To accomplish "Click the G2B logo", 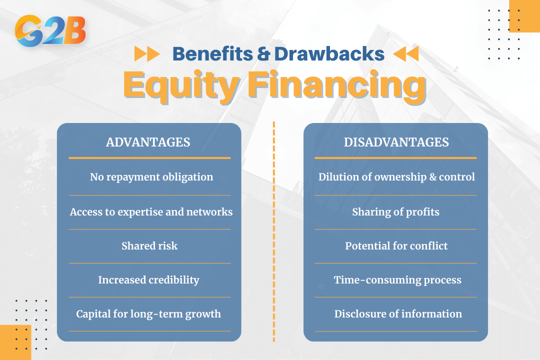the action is (50, 30).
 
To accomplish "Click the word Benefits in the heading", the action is (213, 54).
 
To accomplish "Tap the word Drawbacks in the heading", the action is (329, 54).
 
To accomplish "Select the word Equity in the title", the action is (181, 85).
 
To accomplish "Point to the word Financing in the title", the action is (337, 85).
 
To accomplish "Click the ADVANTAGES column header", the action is (148, 142).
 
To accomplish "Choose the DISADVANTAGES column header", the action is (396, 142).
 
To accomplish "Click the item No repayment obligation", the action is (151, 177).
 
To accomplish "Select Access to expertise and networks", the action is (151, 212).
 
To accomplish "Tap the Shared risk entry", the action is (149, 245).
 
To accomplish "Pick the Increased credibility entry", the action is (149, 279).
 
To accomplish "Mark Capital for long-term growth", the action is (148, 314).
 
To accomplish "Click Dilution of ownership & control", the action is (396, 177).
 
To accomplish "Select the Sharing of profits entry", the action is (395, 212).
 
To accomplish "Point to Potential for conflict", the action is (396, 245).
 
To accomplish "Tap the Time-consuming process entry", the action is (398, 279).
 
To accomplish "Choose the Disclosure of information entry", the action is (398, 314).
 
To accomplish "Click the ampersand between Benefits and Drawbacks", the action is (263, 54).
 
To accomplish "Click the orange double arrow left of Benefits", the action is (147, 53).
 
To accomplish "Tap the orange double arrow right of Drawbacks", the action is (406, 53).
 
